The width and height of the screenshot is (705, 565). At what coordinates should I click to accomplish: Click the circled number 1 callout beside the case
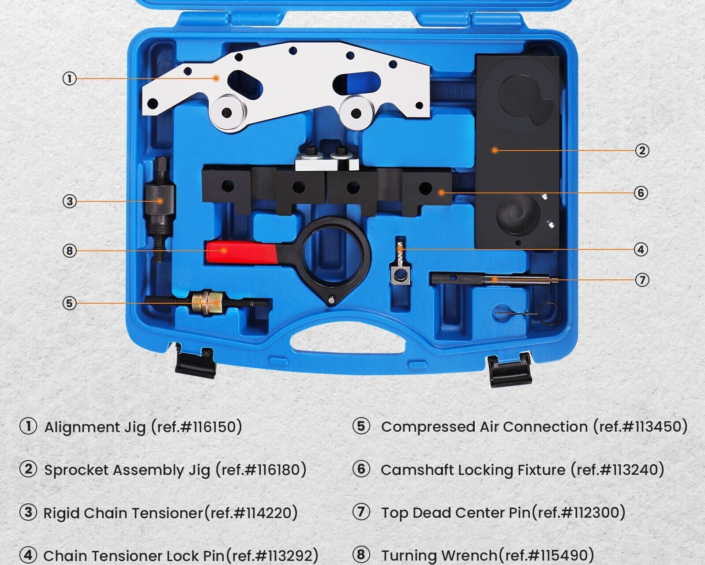pyautogui.click(x=69, y=79)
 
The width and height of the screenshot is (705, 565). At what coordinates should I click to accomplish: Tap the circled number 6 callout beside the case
pyautogui.click(x=641, y=193)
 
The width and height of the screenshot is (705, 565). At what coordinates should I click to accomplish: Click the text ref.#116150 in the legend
pyautogui.click(x=196, y=427)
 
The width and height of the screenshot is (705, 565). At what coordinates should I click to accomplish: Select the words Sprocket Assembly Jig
pyautogui.click(x=127, y=470)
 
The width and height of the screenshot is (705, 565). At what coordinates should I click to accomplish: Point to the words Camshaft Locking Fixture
pyautogui.click(x=473, y=470)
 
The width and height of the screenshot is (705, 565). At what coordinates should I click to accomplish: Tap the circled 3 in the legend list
pyautogui.click(x=28, y=512)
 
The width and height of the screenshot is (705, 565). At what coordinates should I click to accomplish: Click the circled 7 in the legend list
pyautogui.click(x=361, y=512)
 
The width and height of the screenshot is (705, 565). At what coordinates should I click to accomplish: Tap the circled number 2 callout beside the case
pyautogui.click(x=642, y=151)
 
